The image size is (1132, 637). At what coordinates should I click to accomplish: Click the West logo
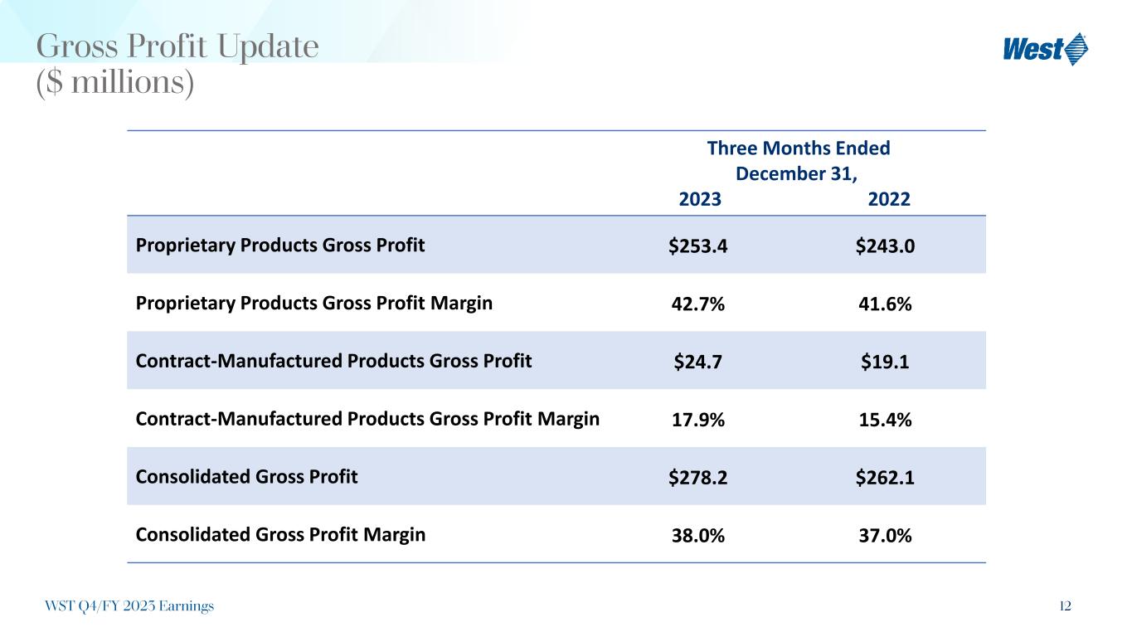coord(1045,49)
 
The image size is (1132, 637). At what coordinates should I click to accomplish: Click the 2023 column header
coord(700,200)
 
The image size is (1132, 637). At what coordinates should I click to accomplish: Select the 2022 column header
coord(890,200)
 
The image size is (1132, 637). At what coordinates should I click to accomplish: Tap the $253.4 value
coord(700,246)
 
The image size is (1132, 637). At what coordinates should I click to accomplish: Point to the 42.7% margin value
coord(700,304)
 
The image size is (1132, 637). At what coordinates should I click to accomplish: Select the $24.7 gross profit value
coord(700,362)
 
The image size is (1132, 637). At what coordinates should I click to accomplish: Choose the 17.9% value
coord(700,421)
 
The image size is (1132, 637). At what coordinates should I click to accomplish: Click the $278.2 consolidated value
coord(700,479)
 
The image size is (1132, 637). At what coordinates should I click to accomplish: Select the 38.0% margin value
coord(700,537)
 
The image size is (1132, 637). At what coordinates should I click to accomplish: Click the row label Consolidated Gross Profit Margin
coord(280,535)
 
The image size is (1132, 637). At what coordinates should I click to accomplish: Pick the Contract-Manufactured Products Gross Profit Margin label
coord(367,419)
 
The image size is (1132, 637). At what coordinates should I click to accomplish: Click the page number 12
coord(1065,606)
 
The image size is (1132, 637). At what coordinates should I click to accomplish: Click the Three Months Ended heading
coord(798,148)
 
